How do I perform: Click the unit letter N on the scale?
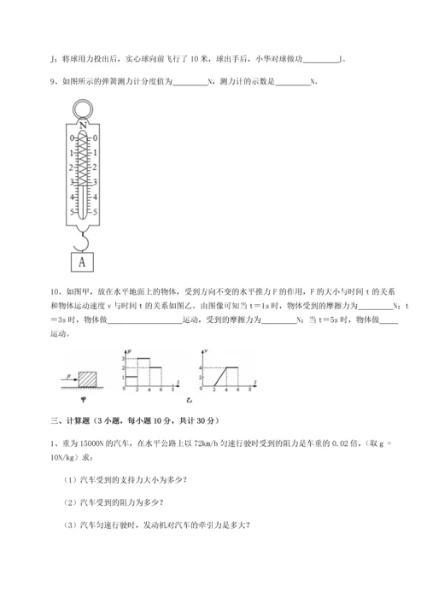(x=83, y=126)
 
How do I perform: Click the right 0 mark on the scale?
(x=97, y=138)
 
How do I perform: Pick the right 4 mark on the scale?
(x=97, y=196)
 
